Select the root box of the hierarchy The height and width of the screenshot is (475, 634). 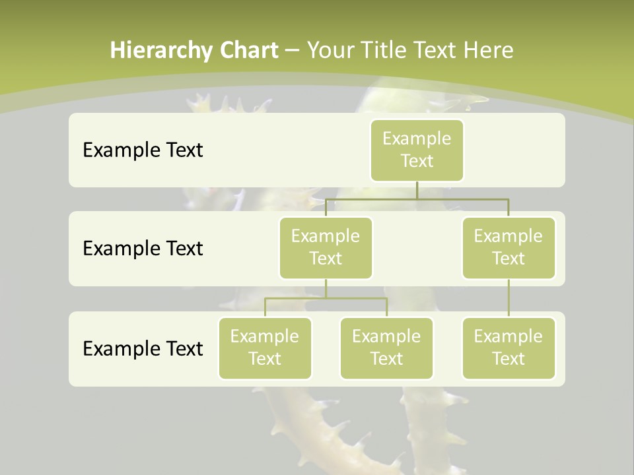417,150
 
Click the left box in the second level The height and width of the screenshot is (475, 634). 326,247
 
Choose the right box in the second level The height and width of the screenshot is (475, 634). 509,247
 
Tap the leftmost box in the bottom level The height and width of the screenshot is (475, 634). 265,348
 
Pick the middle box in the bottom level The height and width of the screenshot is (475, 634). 386,348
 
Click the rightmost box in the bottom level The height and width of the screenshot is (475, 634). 509,348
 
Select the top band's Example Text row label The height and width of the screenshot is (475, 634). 143,150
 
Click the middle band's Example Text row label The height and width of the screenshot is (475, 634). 143,248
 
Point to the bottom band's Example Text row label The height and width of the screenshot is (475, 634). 143,348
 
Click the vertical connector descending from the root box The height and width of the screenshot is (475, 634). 417,190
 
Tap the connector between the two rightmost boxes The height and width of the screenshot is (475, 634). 509,298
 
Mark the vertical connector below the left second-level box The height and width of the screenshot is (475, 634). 326,288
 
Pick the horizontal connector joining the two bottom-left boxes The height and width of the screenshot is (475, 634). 326,298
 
